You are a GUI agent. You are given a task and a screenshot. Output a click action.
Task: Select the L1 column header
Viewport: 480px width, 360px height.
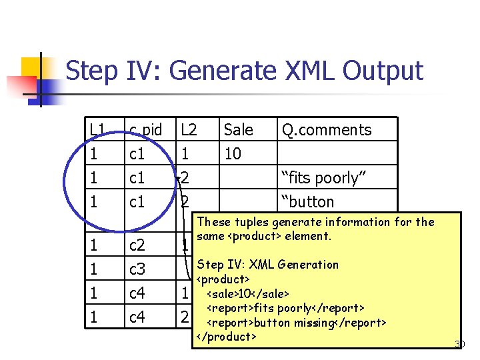tap(97, 129)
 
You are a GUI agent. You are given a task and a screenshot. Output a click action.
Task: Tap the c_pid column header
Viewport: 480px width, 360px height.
tap(145, 129)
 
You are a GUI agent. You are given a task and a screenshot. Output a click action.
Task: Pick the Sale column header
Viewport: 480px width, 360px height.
tap(238, 129)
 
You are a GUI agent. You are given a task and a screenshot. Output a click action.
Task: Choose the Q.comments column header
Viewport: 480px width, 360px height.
tap(327, 129)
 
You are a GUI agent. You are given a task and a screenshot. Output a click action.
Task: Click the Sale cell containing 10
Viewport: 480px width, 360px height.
tap(233, 154)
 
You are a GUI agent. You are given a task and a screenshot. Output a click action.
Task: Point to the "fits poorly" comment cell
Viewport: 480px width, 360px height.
tap(320, 178)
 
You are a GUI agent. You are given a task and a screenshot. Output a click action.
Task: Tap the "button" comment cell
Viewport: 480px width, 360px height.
tap(307, 201)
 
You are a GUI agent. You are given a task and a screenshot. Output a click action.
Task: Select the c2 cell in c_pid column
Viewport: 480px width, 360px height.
tap(137, 245)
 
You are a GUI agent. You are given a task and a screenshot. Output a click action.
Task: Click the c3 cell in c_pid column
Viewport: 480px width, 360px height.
tap(137, 269)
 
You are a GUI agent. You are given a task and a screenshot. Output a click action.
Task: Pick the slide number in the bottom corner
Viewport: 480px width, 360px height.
tap(459, 344)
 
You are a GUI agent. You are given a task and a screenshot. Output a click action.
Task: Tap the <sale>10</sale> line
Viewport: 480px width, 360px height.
tap(248, 293)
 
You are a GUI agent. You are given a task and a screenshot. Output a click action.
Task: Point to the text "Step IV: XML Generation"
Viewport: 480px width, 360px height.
tap(268, 264)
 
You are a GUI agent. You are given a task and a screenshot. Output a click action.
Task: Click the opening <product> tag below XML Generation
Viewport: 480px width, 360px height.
tap(223, 279)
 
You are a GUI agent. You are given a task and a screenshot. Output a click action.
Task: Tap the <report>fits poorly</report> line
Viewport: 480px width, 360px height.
tap(285, 307)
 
